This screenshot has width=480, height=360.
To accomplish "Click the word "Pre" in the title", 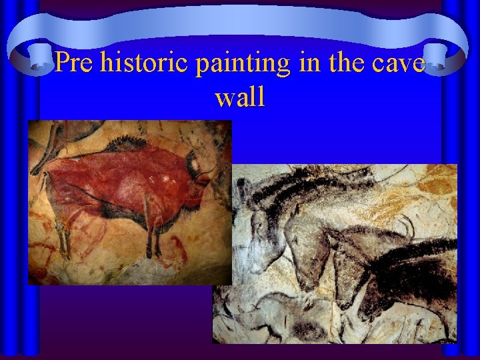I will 74,63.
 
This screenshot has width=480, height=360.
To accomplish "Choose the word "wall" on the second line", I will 240,97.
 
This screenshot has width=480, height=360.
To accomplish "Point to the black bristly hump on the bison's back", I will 126,143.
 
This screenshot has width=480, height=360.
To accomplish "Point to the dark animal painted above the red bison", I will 50,137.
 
